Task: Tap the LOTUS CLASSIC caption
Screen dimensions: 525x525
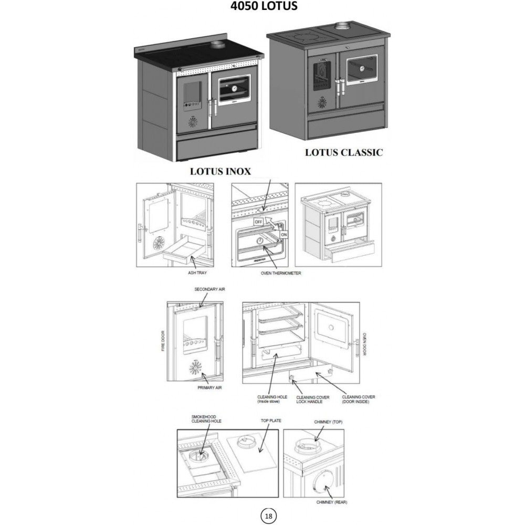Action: pos(344,153)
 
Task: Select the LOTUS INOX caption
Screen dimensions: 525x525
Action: pos(220,171)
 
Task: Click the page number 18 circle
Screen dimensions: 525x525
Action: pos(268,515)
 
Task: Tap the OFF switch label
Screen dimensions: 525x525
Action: pos(258,222)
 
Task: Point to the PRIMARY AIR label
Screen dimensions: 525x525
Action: pos(209,387)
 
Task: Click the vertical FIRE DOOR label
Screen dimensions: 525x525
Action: pos(163,341)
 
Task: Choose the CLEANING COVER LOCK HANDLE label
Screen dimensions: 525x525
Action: pos(313,400)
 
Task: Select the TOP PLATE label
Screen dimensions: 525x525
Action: pos(271,421)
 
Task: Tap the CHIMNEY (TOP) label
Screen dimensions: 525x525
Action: pos(328,422)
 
